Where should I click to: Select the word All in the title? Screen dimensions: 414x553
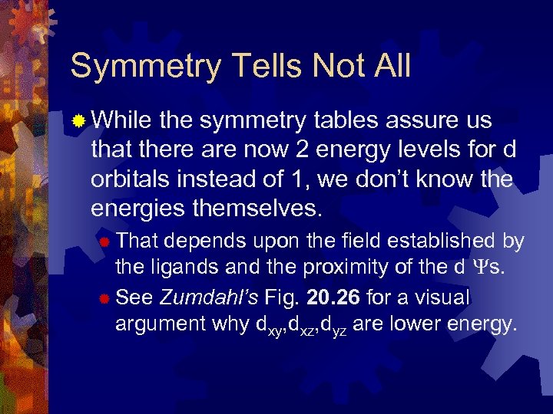pos(389,66)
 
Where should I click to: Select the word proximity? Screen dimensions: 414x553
pos(337,268)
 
